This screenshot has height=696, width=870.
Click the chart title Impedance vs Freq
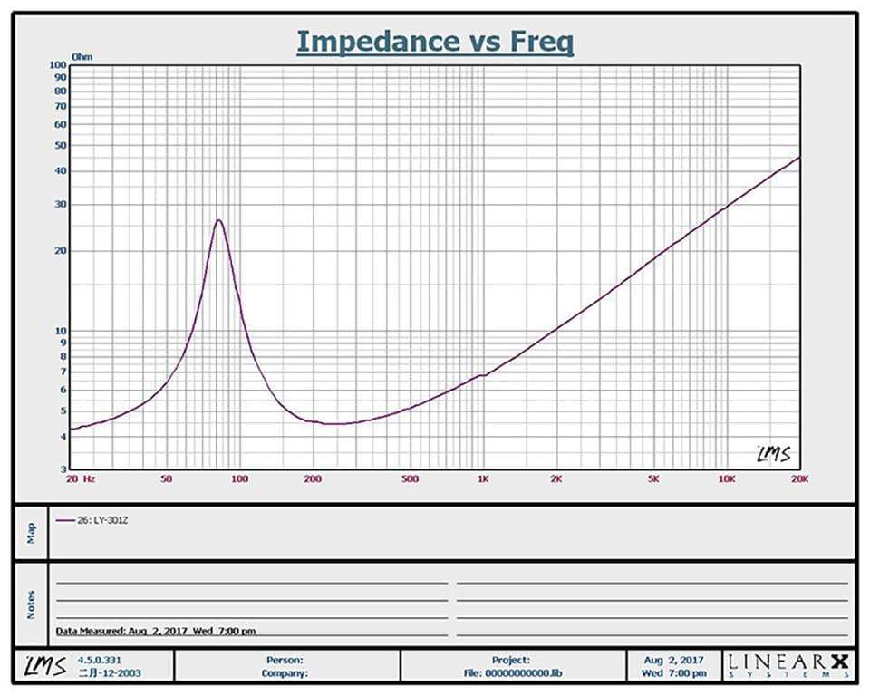pyautogui.click(x=435, y=42)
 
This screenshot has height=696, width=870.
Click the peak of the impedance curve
pyautogui.click(x=218, y=220)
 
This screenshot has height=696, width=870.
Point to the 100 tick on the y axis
pyautogui.click(x=59, y=65)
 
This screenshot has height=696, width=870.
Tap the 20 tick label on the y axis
pyautogui.click(x=61, y=251)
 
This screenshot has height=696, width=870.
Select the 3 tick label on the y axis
pyautogui.click(x=63, y=469)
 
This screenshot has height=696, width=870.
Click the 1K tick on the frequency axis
pyautogui.click(x=483, y=478)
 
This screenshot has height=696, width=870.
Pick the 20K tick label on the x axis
pyautogui.click(x=798, y=478)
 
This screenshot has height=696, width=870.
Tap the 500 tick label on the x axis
pyautogui.click(x=410, y=478)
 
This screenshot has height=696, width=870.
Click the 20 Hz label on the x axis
pyautogui.click(x=80, y=478)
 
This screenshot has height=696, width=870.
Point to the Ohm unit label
pyautogui.click(x=82, y=56)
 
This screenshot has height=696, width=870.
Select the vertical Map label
pyautogui.click(x=31, y=532)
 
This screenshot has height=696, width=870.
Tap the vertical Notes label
pyautogui.click(x=31, y=604)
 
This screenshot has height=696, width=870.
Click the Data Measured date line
pyautogui.click(x=155, y=631)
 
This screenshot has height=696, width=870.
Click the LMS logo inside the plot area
pyautogui.click(x=773, y=453)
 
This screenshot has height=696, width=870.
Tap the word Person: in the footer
pyautogui.click(x=285, y=661)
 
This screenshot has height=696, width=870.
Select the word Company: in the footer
pyautogui.click(x=285, y=673)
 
